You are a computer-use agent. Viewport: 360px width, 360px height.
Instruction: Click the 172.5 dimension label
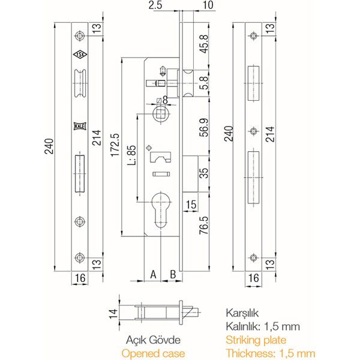(115, 145)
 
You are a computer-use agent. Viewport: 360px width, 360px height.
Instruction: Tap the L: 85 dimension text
(131, 155)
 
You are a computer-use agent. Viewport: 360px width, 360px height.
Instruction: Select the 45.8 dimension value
(204, 44)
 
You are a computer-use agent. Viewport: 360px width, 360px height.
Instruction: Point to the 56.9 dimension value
(204, 127)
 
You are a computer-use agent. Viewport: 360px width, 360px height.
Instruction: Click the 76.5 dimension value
(204, 225)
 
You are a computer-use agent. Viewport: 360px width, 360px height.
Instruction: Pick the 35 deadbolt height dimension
(204, 173)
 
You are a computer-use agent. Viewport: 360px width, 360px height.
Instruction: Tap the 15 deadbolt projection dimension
(191, 205)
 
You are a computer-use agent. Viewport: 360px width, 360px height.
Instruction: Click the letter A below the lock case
(153, 274)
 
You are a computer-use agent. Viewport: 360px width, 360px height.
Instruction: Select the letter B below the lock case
(173, 274)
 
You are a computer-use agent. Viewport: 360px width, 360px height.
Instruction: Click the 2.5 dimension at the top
(155, 5)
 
